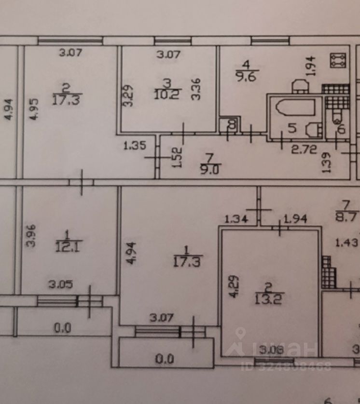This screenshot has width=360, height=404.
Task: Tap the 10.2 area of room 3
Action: pyautogui.click(x=165, y=94)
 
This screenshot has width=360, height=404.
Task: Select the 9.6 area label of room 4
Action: pyautogui.click(x=246, y=75)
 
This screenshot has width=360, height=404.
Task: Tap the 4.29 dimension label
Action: pyautogui.click(x=234, y=286)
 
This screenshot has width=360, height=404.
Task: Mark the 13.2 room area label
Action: pyautogui.click(x=269, y=296)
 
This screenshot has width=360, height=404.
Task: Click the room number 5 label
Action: pyautogui.click(x=291, y=128)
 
